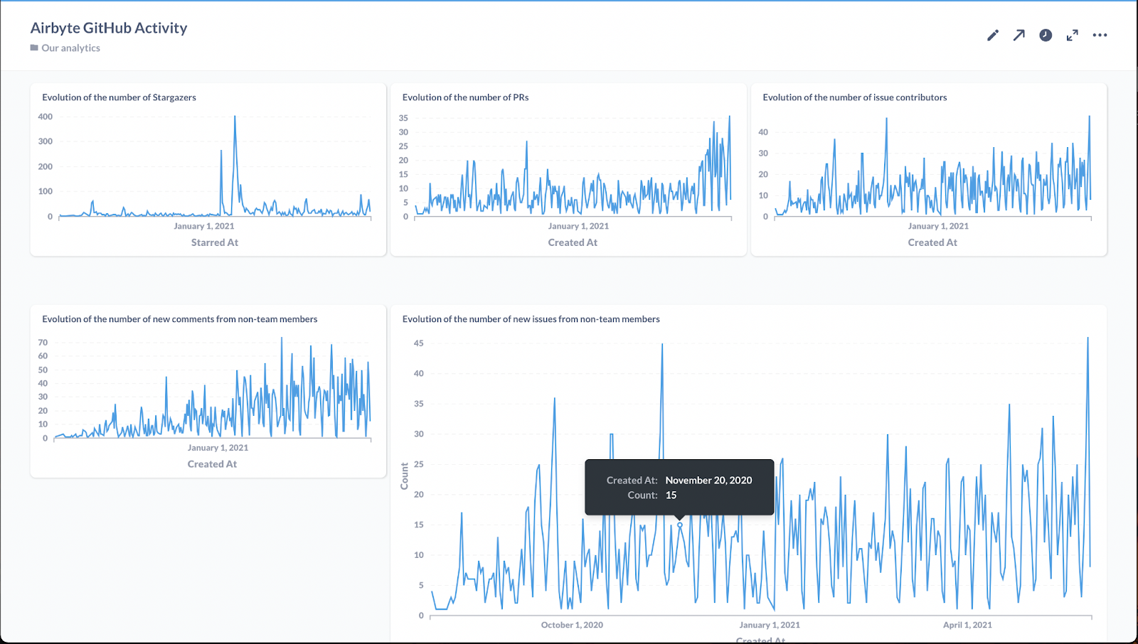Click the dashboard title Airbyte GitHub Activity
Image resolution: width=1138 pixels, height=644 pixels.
pyautogui.click(x=109, y=28)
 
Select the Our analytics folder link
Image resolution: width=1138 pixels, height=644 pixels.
pyautogui.click(x=70, y=48)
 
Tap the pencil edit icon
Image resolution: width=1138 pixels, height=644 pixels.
pyautogui.click(x=993, y=36)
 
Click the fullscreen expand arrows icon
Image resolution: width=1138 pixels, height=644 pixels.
pyautogui.click(x=1073, y=36)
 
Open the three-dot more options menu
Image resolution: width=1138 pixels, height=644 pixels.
pyautogui.click(x=1100, y=36)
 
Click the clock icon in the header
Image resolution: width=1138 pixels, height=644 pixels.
pyautogui.click(x=1046, y=36)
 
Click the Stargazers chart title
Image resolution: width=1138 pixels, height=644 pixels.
pyautogui.click(x=119, y=97)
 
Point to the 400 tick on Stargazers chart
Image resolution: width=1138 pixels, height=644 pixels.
pyautogui.click(x=45, y=117)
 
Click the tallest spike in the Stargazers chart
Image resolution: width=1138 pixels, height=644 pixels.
pyautogui.click(x=235, y=118)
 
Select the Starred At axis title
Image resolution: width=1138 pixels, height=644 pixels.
pyautogui.click(x=214, y=242)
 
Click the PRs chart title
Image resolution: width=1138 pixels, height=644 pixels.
pyautogui.click(x=465, y=97)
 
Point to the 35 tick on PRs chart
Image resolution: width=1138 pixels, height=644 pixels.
pyautogui.click(x=403, y=118)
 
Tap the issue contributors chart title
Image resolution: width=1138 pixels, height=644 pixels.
pyautogui.click(x=854, y=97)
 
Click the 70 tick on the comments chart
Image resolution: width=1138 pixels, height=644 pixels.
pyautogui.click(x=43, y=343)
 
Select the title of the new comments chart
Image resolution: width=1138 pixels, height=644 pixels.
pyautogui.click(x=179, y=319)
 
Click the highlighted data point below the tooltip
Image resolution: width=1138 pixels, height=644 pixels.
pyautogui.click(x=680, y=525)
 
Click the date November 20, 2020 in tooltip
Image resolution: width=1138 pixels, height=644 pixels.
pyautogui.click(x=708, y=481)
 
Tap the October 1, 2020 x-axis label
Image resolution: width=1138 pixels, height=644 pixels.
pyautogui.click(x=572, y=626)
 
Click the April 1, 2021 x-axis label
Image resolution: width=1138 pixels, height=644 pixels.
pyautogui.click(x=967, y=626)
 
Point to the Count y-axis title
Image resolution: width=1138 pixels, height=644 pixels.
pyautogui.click(x=405, y=476)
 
